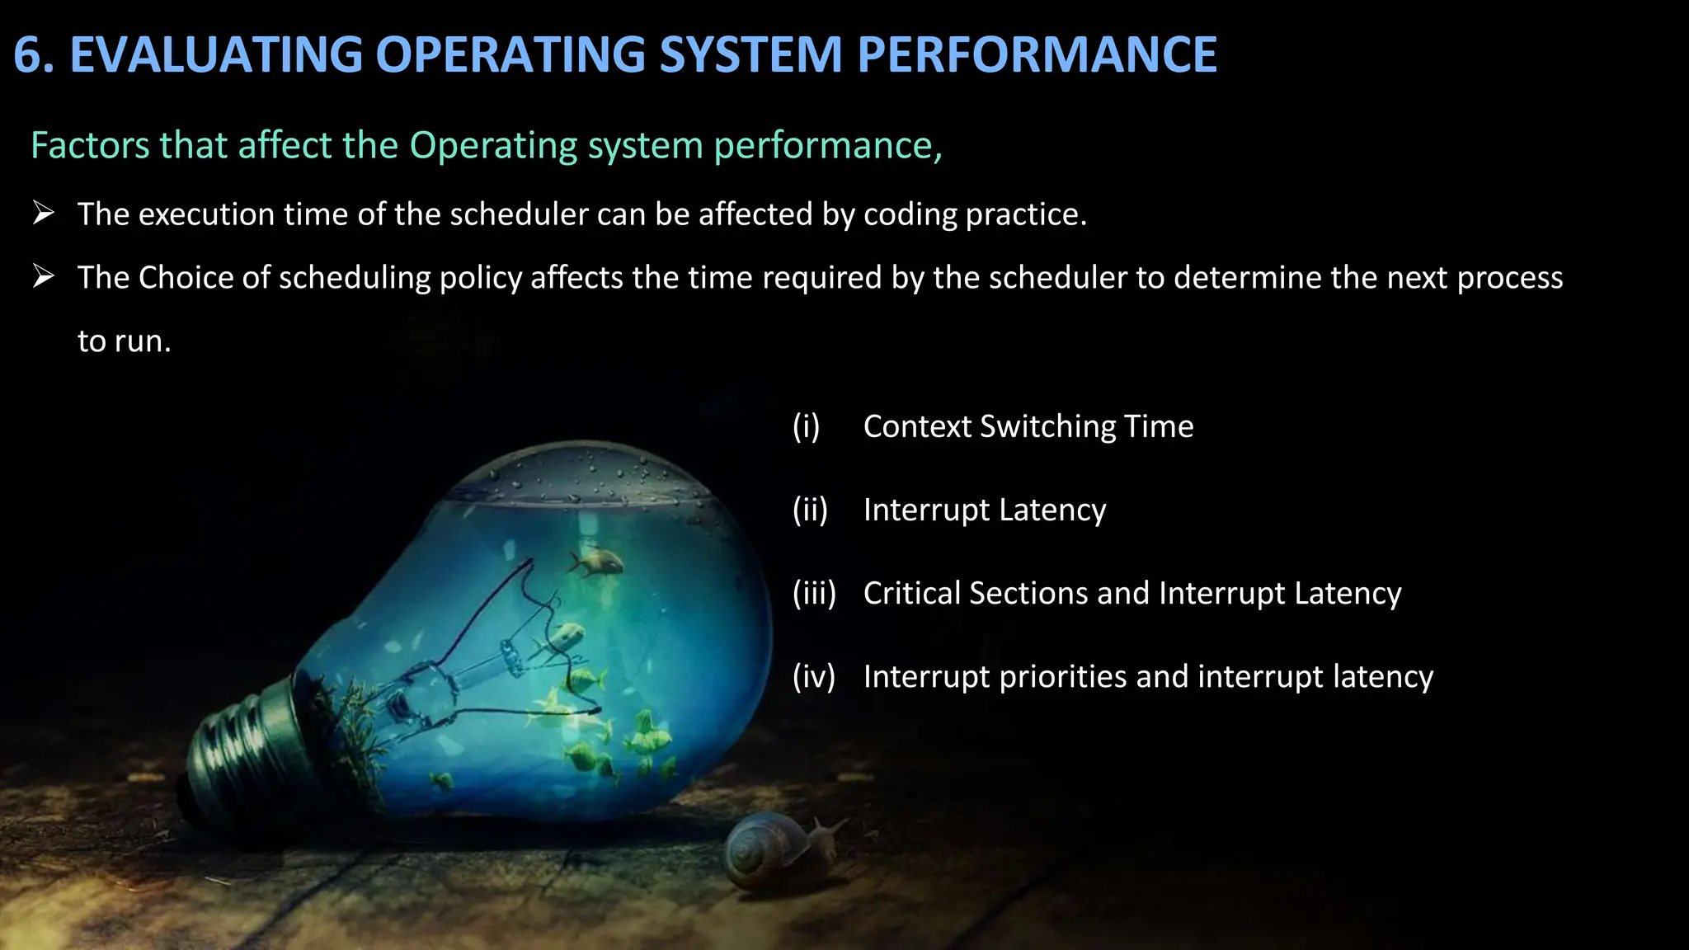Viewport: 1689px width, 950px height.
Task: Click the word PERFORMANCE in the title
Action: coord(1037,54)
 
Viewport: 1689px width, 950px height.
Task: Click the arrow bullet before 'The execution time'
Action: coord(44,214)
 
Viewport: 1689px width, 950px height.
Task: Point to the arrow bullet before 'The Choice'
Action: coord(44,277)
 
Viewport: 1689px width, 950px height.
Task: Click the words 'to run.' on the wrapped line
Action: coord(124,341)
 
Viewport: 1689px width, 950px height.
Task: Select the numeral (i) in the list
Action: coord(806,426)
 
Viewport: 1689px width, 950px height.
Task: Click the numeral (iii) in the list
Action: coord(814,594)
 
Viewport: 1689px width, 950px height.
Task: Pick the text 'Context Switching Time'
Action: coord(1028,426)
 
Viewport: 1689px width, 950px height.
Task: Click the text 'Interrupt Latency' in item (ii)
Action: coord(985,510)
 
